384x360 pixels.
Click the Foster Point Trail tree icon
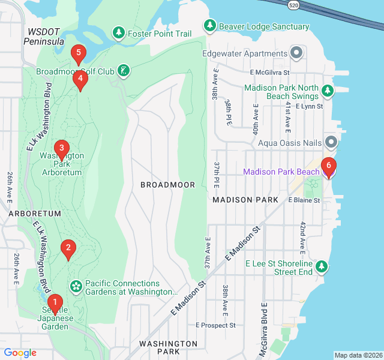pos(119,32)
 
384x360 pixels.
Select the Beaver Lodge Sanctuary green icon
pos(209,25)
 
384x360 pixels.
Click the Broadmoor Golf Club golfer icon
pos(124,71)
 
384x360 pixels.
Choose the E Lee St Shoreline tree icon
pos(322,266)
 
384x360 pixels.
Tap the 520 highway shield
pos(293,4)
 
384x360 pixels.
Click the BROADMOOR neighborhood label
pos(167,185)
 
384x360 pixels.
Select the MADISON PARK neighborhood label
pos(245,199)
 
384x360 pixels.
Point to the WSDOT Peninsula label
pos(43,36)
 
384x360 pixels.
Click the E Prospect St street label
pos(215,325)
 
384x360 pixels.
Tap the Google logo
pos(20,353)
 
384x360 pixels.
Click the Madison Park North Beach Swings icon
pos(327,91)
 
